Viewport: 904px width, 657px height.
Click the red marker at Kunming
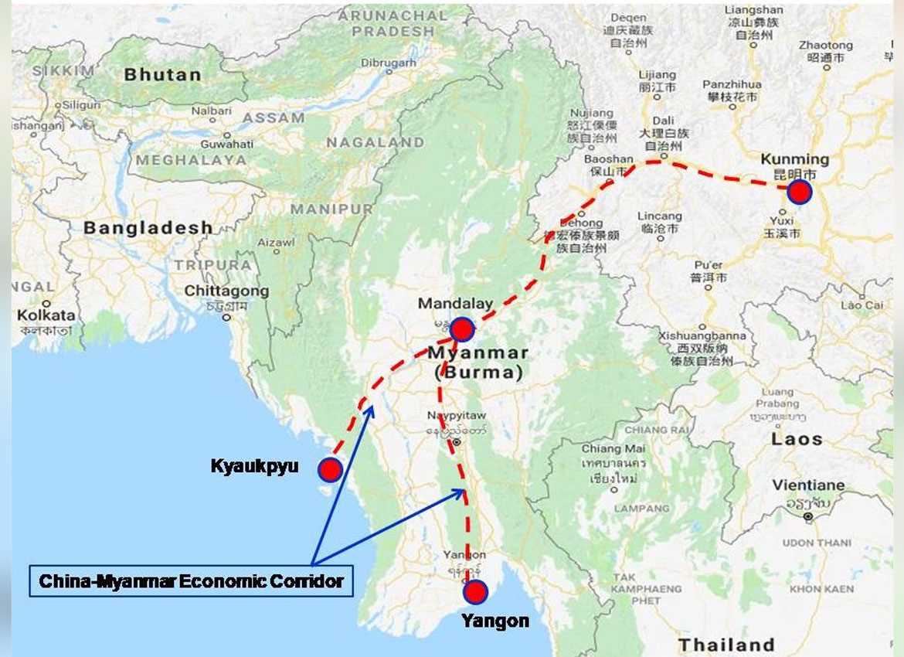pos(799,192)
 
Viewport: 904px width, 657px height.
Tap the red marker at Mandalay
pos(462,330)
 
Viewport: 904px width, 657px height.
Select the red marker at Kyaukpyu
pos(330,469)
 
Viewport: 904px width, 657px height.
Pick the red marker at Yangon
pos(475,592)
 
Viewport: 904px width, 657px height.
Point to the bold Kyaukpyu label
pos(254,466)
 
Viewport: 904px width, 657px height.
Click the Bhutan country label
pos(162,75)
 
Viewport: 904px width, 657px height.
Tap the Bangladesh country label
pos(148,228)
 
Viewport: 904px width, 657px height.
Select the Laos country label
pos(797,439)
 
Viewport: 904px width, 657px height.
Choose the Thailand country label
pos(726,645)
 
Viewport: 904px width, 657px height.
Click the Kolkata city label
pos(47,315)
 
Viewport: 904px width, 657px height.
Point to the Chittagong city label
pos(226,291)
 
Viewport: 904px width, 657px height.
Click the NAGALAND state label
pos(375,143)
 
